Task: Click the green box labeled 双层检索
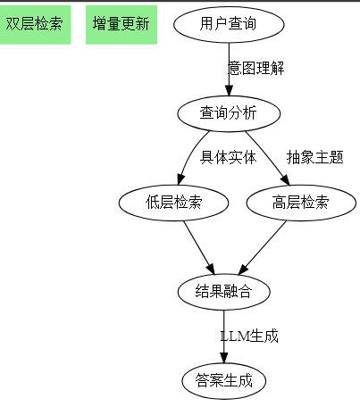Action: [35, 24]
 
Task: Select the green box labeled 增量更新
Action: [121, 24]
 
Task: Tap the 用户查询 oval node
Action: [228, 24]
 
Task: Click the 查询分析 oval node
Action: [228, 112]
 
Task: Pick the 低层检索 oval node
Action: [173, 203]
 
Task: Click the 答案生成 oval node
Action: [224, 381]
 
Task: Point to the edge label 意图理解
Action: [256, 69]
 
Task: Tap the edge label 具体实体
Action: [228, 158]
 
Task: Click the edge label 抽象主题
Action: [314, 158]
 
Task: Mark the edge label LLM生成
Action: [250, 336]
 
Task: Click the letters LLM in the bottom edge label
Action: [235, 336]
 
